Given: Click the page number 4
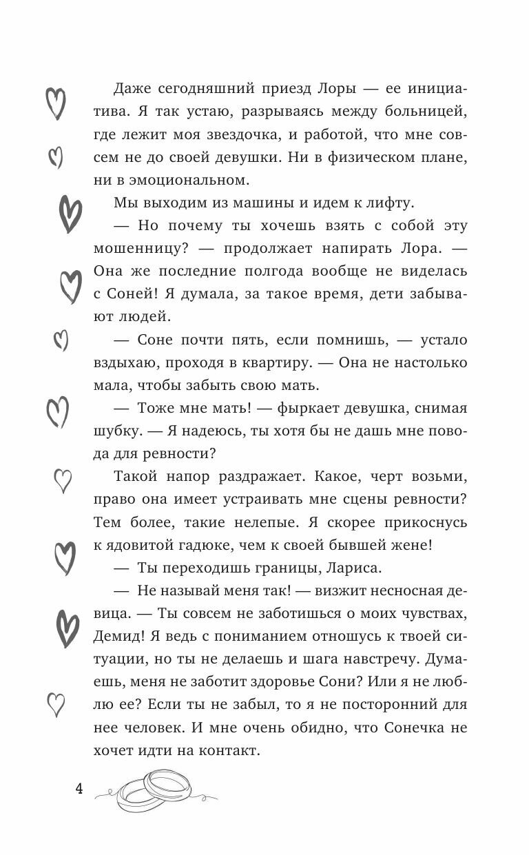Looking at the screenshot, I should (79, 789).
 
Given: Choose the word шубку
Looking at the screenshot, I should (114, 431).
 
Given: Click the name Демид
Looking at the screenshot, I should (114, 636).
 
